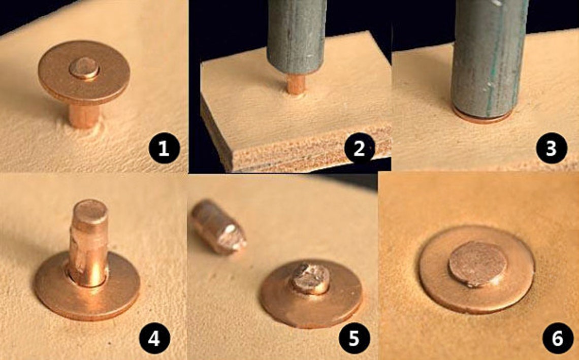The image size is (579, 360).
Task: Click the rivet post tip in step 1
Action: [x=84, y=69]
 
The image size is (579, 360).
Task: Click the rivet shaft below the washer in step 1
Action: [x=84, y=116]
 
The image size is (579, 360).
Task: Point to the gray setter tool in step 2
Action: [x=296, y=37]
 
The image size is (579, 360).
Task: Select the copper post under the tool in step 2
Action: [x=296, y=85]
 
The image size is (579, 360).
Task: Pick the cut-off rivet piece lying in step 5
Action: [x=218, y=226]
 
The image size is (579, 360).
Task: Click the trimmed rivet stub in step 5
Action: [x=311, y=279]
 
